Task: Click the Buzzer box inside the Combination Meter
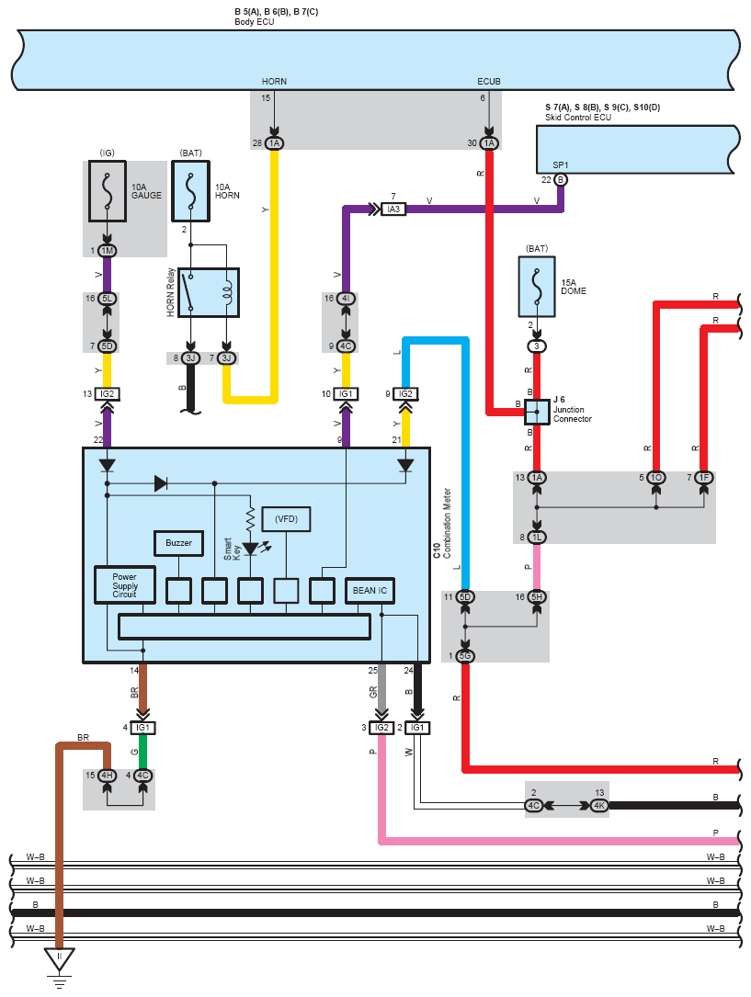(179, 543)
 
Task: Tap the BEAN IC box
(370, 590)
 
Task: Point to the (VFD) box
(287, 519)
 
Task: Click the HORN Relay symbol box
(209, 292)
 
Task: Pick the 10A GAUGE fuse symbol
(108, 191)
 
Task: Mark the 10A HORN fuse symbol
(191, 194)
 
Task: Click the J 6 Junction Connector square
(536, 413)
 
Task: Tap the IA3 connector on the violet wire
(393, 210)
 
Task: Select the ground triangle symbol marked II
(60, 958)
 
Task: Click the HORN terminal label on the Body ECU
(274, 82)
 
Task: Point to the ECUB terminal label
(489, 82)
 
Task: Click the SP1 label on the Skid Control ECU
(561, 165)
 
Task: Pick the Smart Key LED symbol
(250, 548)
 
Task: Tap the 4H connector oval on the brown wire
(107, 776)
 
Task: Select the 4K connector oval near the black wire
(599, 806)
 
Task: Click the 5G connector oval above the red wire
(465, 655)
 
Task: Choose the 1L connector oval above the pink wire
(537, 537)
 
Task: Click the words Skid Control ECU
(578, 118)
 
